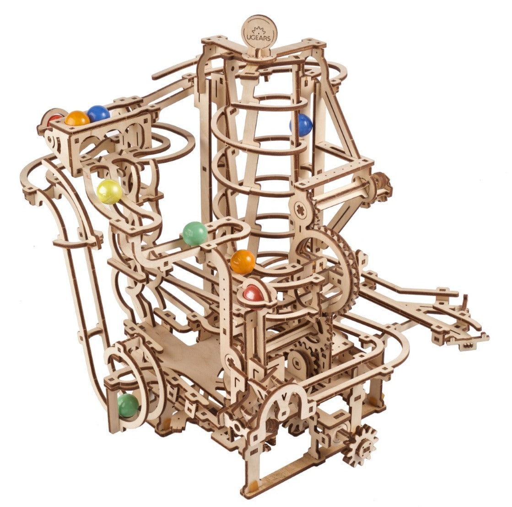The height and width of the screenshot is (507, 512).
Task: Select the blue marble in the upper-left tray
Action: pyautogui.click(x=98, y=113)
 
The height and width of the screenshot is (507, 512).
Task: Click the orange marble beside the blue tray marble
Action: pyautogui.click(x=77, y=118)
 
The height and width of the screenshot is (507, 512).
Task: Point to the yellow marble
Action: pyautogui.click(x=110, y=191)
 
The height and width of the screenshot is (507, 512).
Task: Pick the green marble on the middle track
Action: pyautogui.click(x=195, y=233)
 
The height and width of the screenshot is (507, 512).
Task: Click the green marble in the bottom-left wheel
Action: pyautogui.click(x=128, y=405)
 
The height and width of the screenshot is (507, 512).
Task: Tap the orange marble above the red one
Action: pyautogui.click(x=243, y=262)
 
